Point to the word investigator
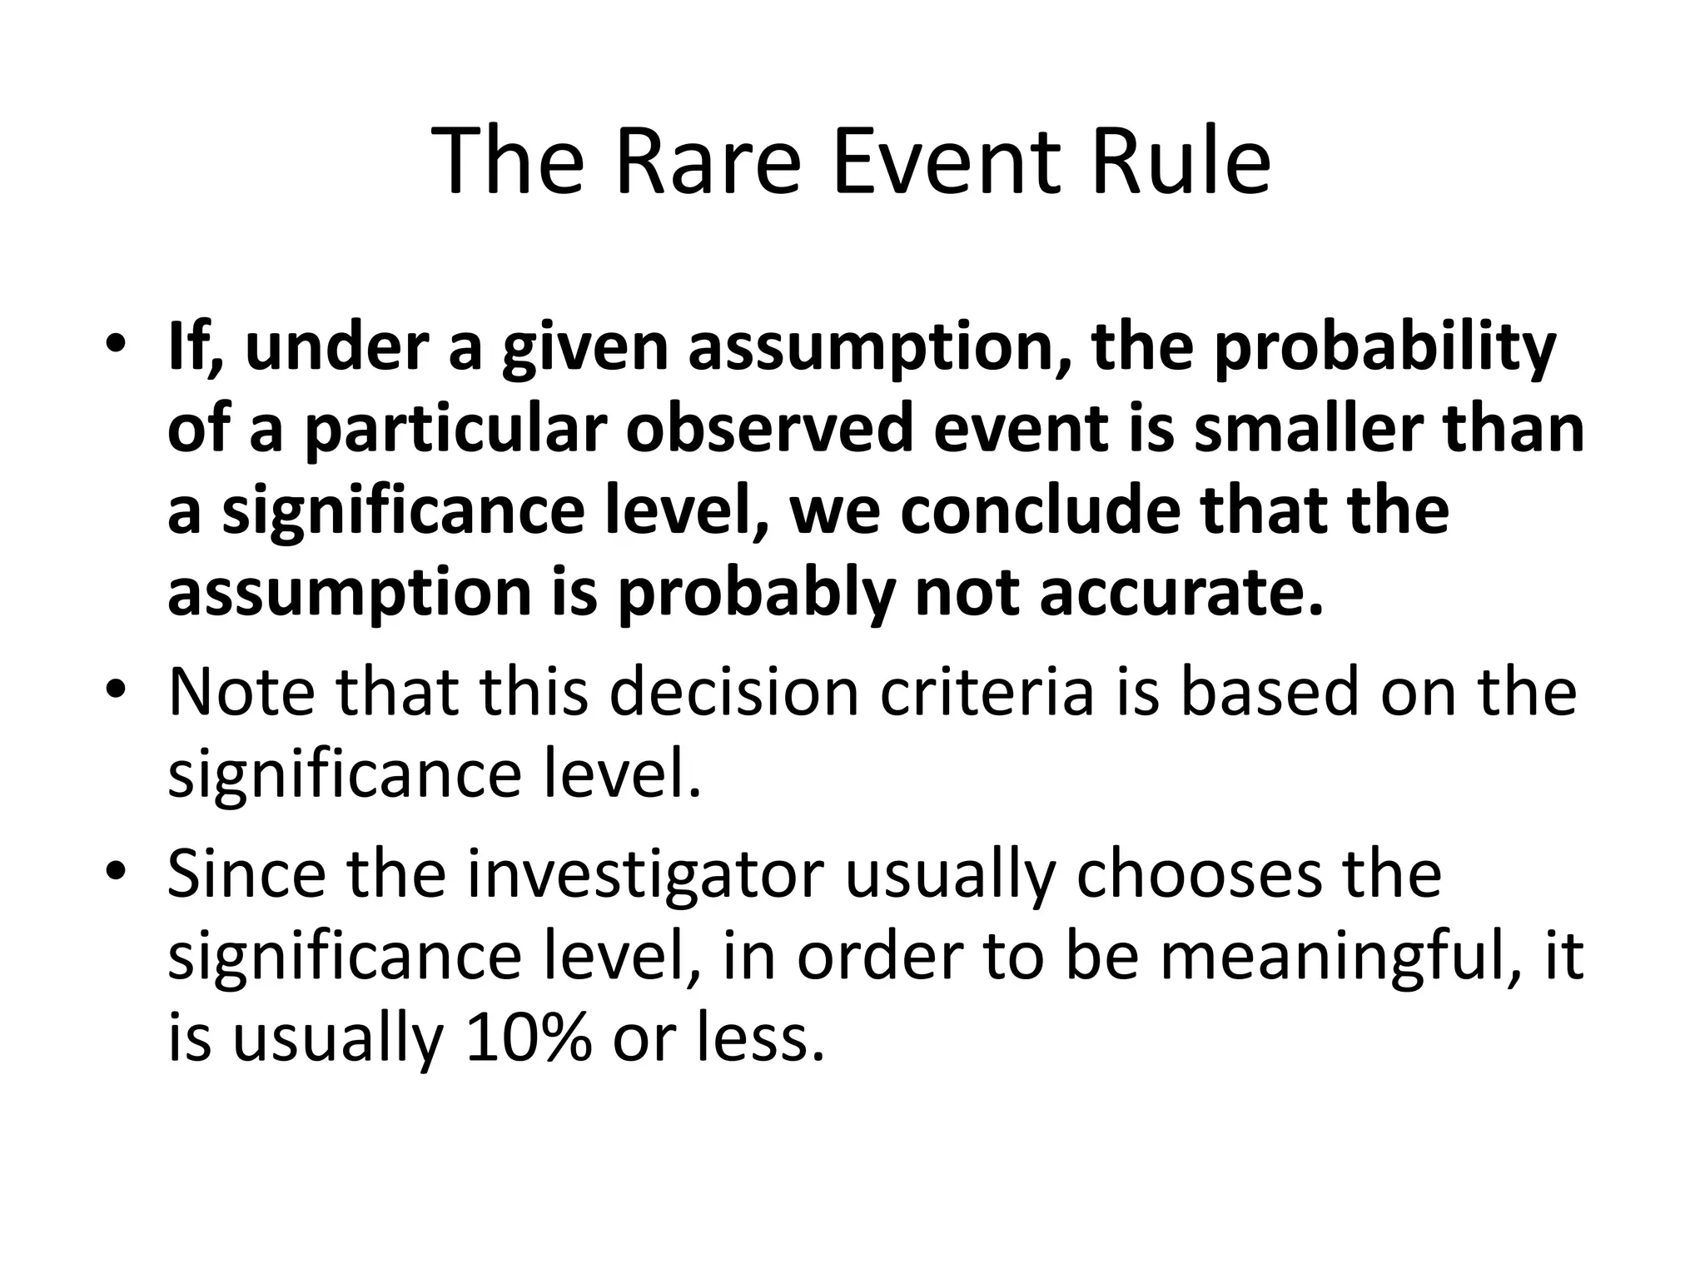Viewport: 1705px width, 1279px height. [645, 876]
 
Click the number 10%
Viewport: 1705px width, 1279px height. [529, 1039]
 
